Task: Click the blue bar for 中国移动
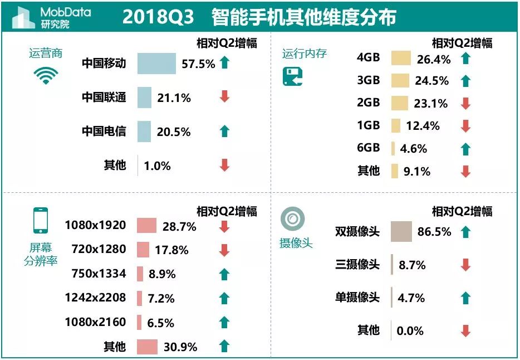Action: (x=156, y=64)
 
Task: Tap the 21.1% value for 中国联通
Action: (x=174, y=98)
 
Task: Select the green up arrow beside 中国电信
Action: (x=224, y=132)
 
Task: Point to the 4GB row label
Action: (x=368, y=58)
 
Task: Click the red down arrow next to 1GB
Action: (x=466, y=126)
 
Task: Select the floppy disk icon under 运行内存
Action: (x=293, y=77)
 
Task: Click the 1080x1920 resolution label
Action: (x=95, y=226)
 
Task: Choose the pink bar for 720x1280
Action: (x=144, y=250)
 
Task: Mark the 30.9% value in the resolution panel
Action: (x=180, y=347)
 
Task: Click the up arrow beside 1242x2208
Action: (x=224, y=298)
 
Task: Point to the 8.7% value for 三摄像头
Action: (x=411, y=265)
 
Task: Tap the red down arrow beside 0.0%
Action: (x=466, y=331)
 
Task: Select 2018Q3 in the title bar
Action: (x=158, y=17)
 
